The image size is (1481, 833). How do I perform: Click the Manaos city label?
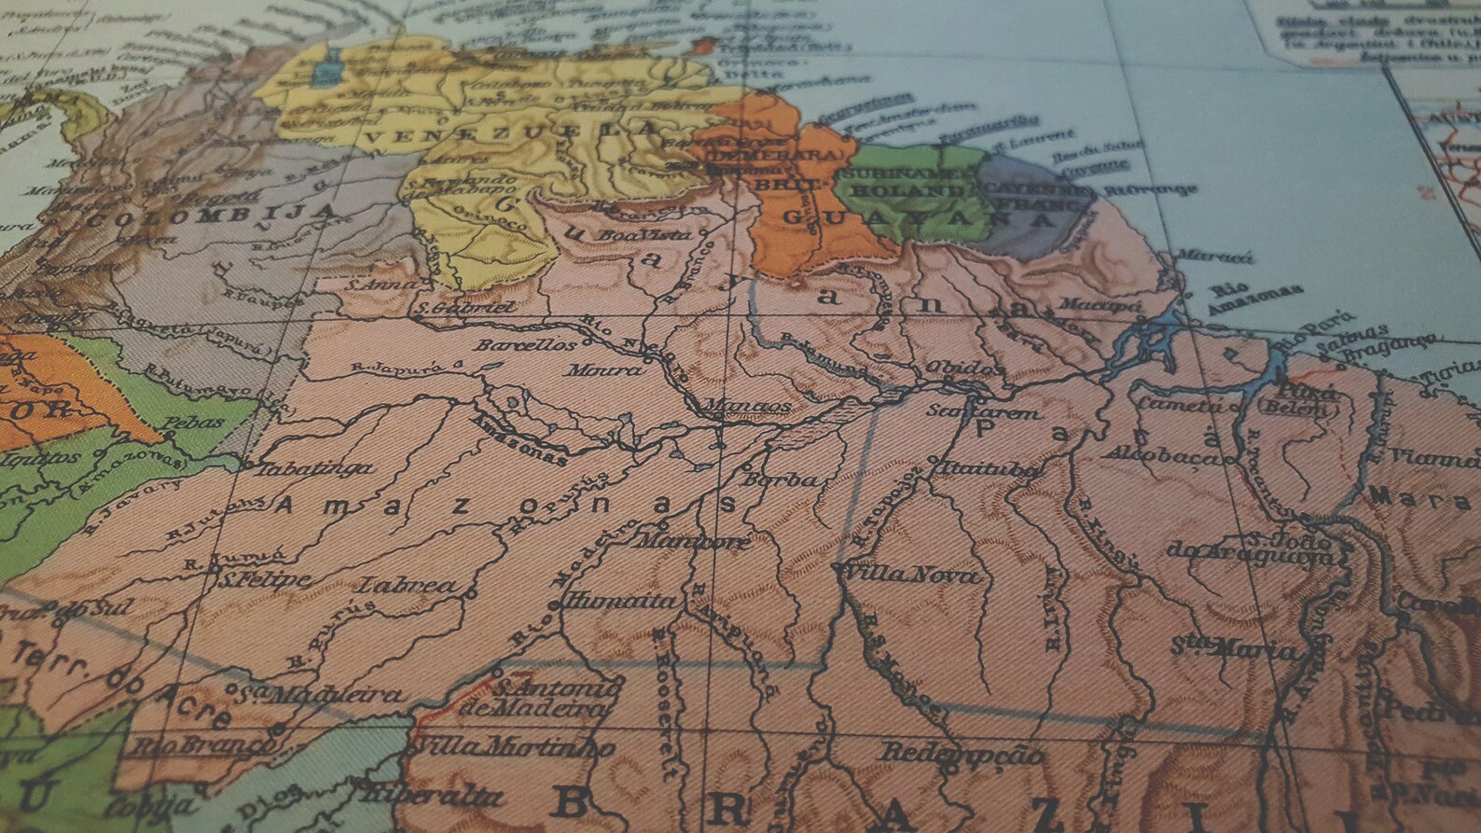click(736, 408)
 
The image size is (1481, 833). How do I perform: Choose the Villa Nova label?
click(911, 575)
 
